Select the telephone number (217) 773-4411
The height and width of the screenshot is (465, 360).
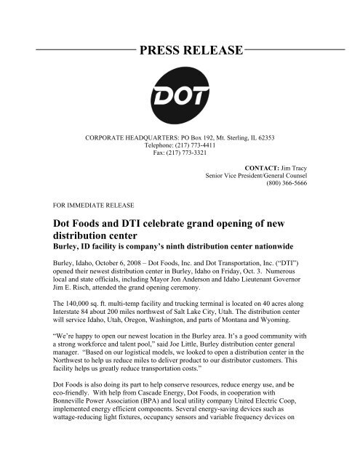click(x=199, y=145)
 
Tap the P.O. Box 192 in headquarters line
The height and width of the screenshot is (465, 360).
click(x=204, y=137)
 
